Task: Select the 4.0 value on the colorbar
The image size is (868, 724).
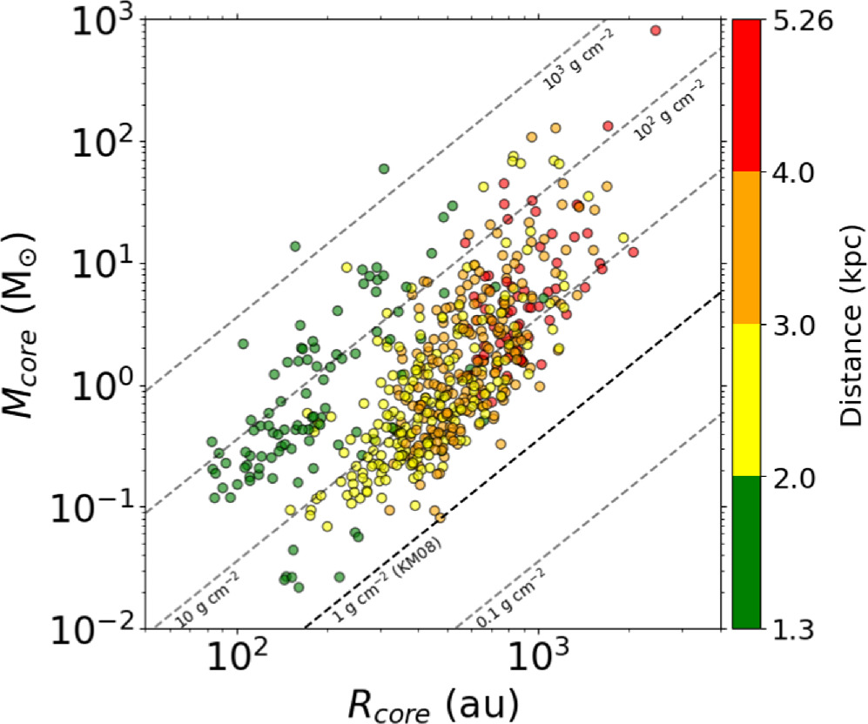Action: (797, 171)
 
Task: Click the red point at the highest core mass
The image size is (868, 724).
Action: (656, 30)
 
